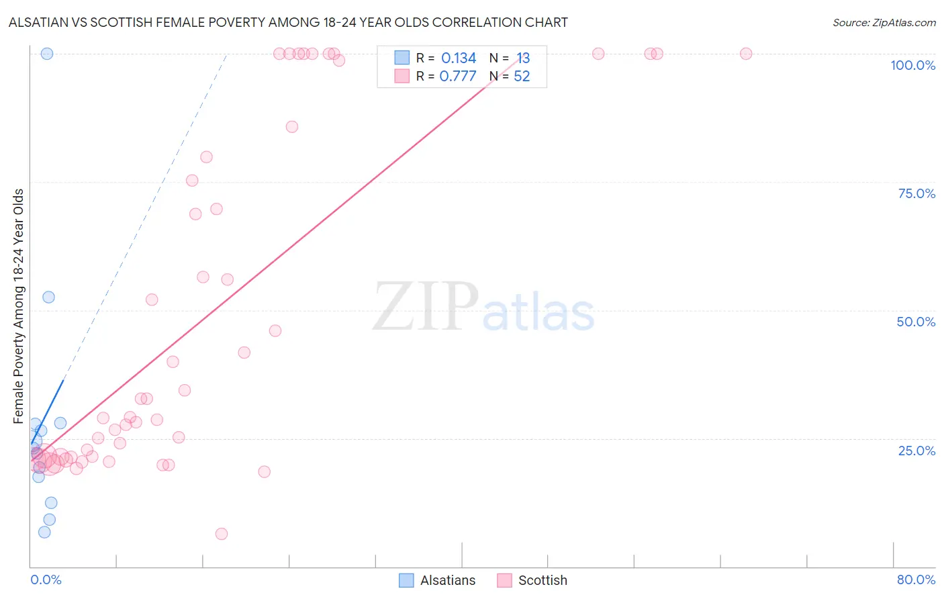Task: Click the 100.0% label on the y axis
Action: coord(912,65)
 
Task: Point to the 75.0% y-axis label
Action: coord(916,193)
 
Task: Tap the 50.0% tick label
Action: coord(916,322)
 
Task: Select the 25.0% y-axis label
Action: coord(916,451)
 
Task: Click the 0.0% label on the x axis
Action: coord(46,580)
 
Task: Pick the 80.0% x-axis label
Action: coord(916,580)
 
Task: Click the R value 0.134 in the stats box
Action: coord(459,58)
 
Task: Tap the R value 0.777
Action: coord(458,77)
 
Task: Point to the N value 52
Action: coord(522,77)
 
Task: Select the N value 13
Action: coord(523,58)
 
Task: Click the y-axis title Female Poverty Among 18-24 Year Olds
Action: coord(19,306)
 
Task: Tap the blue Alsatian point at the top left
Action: coord(47,54)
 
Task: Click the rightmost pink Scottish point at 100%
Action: coord(745,54)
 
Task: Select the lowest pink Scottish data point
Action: coord(222,534)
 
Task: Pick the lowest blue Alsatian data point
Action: coord(44,532)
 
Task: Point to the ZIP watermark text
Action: coord(426,308)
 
